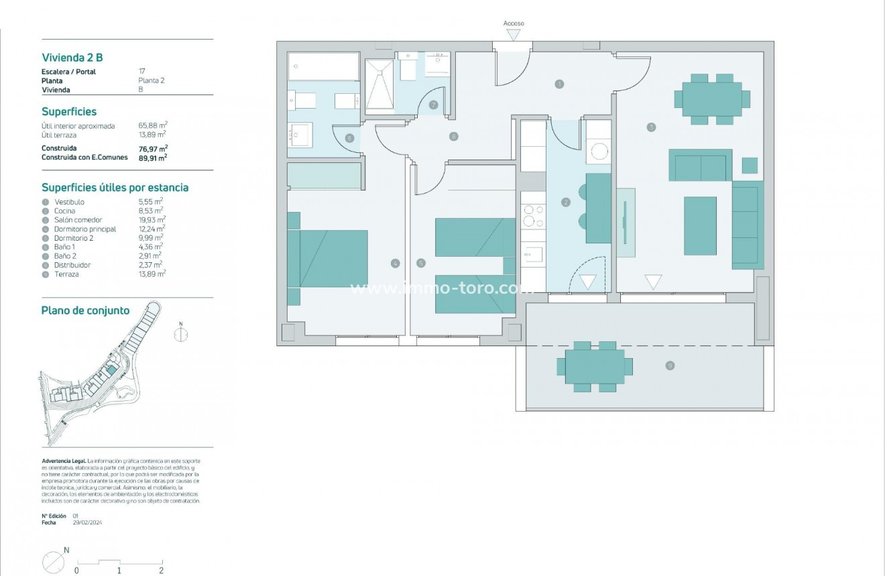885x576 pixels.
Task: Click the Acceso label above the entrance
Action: pyautogui.click(x=514, y=23)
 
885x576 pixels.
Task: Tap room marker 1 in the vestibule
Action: pyautogui.click(x=559, y=84)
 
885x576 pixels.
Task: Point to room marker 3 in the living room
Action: pyautogui.click(x=651, y=127)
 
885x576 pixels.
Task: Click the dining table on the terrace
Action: pyautogui.click(x=595, y=367)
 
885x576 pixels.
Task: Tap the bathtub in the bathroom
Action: pyautogui.click(x=323, y=66)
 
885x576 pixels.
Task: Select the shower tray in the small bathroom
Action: pyautogui.click(x=380, y=84)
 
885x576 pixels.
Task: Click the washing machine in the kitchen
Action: pyautogui.click(x=598, y=151)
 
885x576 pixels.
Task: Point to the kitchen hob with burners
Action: pyautogui.click(x=534, y=215)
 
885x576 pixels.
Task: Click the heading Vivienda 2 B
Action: pyautogui.click(x=72, y=58)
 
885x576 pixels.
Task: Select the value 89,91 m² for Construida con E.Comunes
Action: pyautogui.click(x=153, y=158)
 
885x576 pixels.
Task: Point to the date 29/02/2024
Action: pyautogui.click(x=87, y=522)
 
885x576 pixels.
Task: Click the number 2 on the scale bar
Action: pyautogui.click(x=161, y=570)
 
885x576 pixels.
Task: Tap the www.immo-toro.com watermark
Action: pyautogui.click(x=442, y=288)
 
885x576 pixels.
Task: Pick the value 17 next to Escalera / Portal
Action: pyautogui.click(x=141, y=71)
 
